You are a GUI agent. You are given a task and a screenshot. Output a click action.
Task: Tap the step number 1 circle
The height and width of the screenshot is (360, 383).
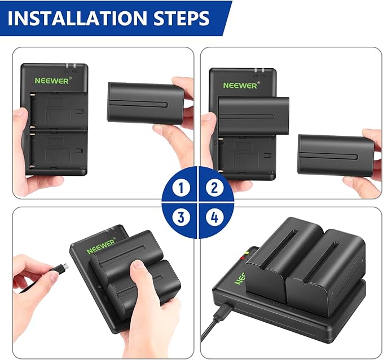tap(180, 188)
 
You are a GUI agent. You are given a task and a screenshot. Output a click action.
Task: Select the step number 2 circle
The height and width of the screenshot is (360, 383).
tap(212, 188)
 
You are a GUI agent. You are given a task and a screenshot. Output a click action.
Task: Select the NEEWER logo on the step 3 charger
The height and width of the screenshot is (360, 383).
tap(100, 246)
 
